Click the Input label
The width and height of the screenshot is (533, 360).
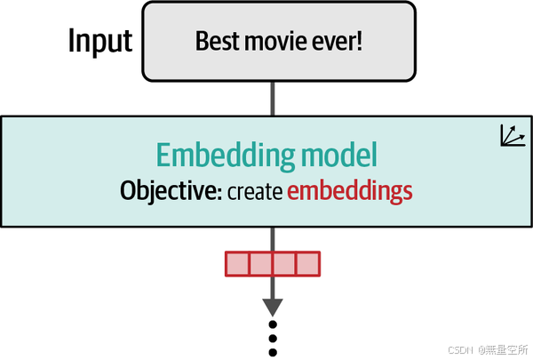click(x=100, y=41)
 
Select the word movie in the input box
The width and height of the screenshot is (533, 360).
click(x=272, y=41)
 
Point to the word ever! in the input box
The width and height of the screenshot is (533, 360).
click(x=338, y=41)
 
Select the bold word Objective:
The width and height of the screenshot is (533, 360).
click(x=171, y=190)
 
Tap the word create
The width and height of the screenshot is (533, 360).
click(x=254, y=191)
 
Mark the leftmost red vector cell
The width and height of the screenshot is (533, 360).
click(x=237, y=264)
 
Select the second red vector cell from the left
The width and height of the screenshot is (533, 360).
click(x=260, y=264)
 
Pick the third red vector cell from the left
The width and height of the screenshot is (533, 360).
click(x=283, y=264)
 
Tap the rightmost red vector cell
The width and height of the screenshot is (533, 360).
click(x=306, y=264)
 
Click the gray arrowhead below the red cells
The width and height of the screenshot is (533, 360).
click(x=273, y=305)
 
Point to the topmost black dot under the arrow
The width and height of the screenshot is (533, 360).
click(x=273, y=324)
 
